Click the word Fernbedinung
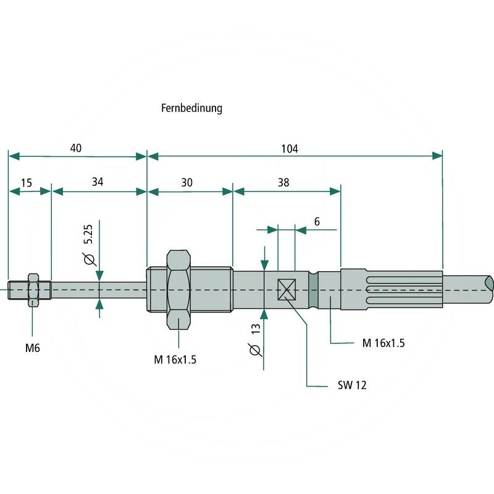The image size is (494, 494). point(191,108)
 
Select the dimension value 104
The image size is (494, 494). point(289,149)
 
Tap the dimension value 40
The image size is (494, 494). point(76,149)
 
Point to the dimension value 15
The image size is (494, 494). point(26,183)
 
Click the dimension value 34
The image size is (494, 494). point(98,182)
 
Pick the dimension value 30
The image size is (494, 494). point(187,182)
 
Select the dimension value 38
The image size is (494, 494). point(283,182)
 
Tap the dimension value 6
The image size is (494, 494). point(317,221)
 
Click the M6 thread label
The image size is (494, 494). point(32,348)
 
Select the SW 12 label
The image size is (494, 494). point(353,385)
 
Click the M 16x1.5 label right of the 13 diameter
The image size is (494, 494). point(383,343)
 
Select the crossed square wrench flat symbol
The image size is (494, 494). point(287,289)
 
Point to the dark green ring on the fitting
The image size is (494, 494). point(315,290)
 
